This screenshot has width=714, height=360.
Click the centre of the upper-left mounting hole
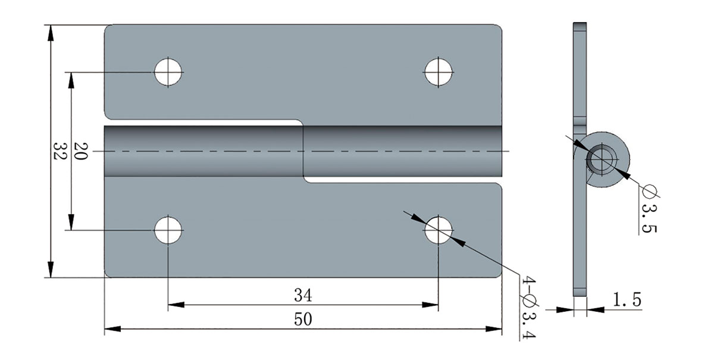(168, 72)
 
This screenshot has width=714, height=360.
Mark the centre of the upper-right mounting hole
(439, 72)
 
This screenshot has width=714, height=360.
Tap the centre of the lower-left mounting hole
(168, 230)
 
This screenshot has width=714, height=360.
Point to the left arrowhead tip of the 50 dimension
(105, 328)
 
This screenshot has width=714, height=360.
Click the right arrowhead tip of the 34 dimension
(439, 305)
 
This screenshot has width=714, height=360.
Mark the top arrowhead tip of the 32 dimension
(51, 25)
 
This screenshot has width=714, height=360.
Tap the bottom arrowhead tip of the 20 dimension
(71, 230)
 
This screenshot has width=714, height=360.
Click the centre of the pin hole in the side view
(602, 158)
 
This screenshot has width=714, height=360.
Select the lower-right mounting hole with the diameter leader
(439, 230)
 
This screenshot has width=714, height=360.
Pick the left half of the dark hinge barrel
(203, 151)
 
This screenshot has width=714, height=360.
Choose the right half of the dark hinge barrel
(403, 151)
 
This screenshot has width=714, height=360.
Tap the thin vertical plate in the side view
(580, 159)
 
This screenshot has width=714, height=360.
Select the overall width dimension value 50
(303, 320)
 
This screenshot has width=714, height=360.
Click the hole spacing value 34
(303, 295)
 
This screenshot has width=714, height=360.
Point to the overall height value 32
(59, 151)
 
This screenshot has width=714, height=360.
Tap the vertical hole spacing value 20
(81, 151)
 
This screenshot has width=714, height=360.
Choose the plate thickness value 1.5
(627, 300)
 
